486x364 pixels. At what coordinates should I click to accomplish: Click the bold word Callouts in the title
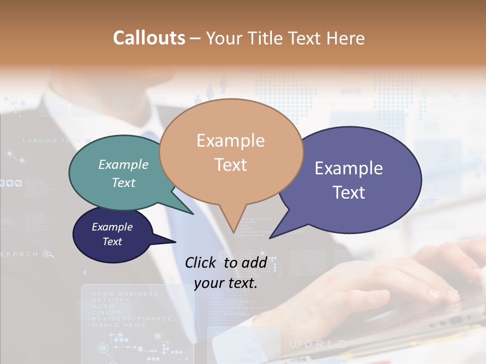click(x=149, y=38)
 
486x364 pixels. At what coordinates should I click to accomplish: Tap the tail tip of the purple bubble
click(x=270, y=238)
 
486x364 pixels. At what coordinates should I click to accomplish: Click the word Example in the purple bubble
click(x=349, y=168)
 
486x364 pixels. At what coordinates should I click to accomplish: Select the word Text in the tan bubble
click(x=231, y=165)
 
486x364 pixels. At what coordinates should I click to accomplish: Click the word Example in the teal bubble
click(x=124, y=165)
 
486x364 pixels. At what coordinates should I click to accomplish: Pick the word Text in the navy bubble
click(x=112, y=242)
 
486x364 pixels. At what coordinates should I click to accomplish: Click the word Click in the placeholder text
click(x=201, y=262)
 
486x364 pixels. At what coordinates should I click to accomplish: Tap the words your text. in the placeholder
click(x=225, y=284)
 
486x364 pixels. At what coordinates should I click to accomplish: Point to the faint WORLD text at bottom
click(x=318, y=344)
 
